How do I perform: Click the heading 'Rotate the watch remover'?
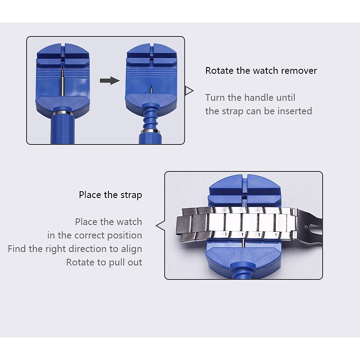tap(261, 71)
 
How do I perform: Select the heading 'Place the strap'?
tap(110, 195)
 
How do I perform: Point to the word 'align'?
tap(131, 249)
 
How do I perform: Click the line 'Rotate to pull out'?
tap(104, 262)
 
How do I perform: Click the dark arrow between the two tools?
tap(110, 81)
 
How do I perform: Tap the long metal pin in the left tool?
tap(62, 82)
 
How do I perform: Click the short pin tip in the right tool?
tap(151, 89)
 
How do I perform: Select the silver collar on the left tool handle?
tap(63, 113)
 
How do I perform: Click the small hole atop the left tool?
tap(63, 60)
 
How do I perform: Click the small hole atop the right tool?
tap(151, 60)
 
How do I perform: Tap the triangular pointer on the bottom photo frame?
tap(160, 225)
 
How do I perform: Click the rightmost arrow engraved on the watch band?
tap(276, 235)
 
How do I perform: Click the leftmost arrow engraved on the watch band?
tap(226, 234)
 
